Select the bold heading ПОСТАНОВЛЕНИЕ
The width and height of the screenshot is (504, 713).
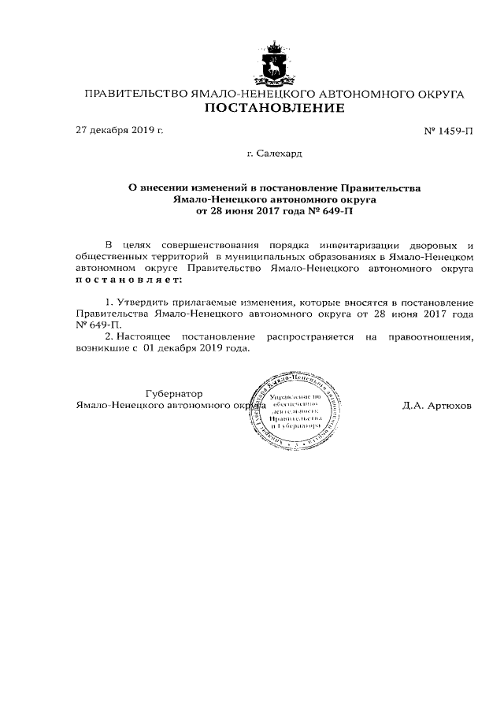[x=274, y=109]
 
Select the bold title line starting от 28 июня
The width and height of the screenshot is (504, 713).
[x=274, y=211]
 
